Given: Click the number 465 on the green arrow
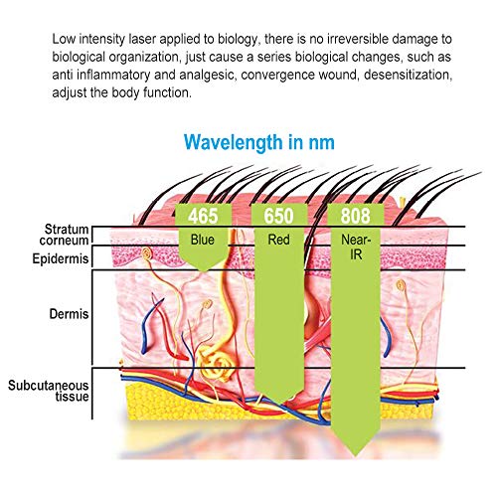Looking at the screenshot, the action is click(203, 216).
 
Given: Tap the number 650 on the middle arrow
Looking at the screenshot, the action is click(278, 216).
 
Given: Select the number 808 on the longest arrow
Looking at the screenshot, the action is click(355, 216).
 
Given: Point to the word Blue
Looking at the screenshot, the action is click(203, 240).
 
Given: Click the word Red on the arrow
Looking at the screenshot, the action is click(278, 240).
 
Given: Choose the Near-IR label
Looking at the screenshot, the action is click(356, 247).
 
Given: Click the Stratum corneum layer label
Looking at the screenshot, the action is click(64, 235).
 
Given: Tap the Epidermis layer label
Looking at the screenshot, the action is click(61, 258).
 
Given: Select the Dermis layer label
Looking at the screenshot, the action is click(69, 314).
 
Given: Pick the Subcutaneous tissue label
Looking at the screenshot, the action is click(49, 391).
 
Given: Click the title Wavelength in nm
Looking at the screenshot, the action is click(259, 142).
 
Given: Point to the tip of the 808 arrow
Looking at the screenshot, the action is click(356, 456).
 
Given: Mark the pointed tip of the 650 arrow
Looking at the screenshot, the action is click(279, 405).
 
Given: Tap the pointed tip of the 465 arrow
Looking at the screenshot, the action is click(203, 271).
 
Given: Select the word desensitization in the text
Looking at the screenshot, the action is click(408, 75).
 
